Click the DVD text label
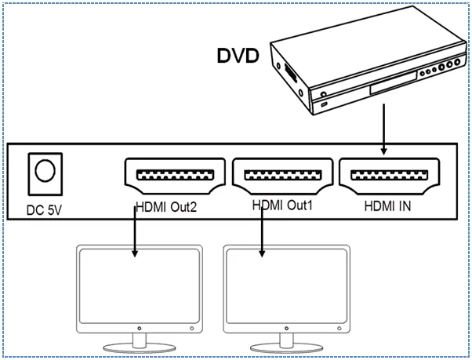coord(238,56)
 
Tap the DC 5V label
coord(44,210)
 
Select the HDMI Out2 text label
coord(166,207)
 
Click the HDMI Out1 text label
coord(282,205)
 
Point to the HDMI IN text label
coord(387,206)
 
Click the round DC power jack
coord(45,170)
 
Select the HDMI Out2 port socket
coord(175,176)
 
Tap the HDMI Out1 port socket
coord(283,176)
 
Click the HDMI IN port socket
coord(390,176)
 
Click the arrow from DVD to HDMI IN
coord(383,129)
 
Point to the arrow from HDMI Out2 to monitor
coord(135,232)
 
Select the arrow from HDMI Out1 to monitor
coord(262,232)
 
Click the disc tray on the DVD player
coord(393,84)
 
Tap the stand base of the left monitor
coord(140,348)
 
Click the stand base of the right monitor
coord(287,348)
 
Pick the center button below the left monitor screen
coord(140,328)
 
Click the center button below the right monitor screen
coord(287,328)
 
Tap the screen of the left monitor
coord(140,286)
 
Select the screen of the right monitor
coord(287,286)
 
